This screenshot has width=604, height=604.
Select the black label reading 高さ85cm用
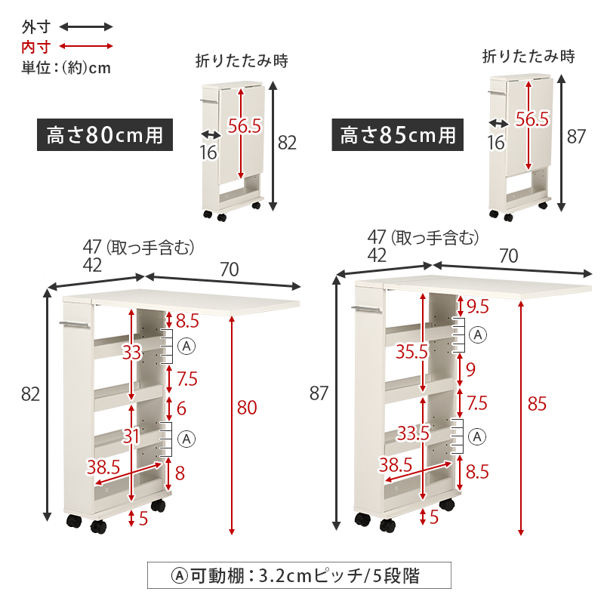click(397, 136)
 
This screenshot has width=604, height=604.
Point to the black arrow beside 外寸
click(86, 27)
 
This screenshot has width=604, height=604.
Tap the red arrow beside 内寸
click(86, 47)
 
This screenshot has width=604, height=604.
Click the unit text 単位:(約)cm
click(66, 67)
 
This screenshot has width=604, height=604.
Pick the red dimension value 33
click(131, 353)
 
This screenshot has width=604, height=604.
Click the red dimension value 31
click(131, 436)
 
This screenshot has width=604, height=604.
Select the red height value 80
click(247, 408)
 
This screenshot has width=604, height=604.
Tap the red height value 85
click(537, 404)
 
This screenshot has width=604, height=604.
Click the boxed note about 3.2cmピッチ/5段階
click(298, 576)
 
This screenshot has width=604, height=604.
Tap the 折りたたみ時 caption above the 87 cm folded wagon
click(528, 56)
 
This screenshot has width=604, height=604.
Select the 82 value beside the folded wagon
click(287, 142)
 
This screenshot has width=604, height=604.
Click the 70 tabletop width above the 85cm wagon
click(508, 255)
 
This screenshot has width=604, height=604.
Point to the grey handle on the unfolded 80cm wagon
click(74, 325)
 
